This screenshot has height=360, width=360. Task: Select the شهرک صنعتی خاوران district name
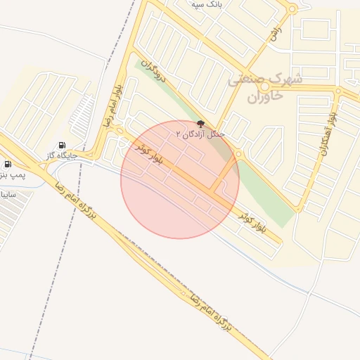point(265,88)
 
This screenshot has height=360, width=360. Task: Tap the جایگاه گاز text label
point(61,155)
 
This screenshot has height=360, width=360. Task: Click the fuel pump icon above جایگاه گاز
point(62,144)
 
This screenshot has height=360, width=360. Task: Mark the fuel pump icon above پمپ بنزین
point(7,163)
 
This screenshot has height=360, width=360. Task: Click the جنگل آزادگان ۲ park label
point(200,134)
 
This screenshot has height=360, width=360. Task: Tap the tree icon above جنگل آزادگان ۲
point(201,124)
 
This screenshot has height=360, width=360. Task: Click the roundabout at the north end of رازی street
point(292,9)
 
